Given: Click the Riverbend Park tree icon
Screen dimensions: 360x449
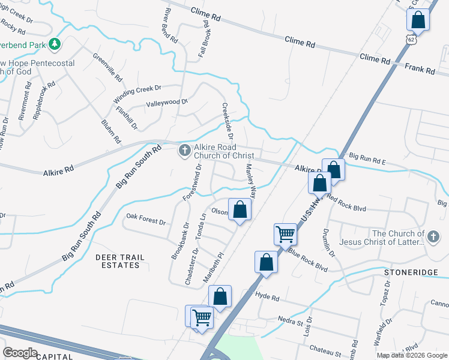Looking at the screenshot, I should click(55, 44).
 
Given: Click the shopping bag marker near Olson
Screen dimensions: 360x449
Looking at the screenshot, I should click(240, 209).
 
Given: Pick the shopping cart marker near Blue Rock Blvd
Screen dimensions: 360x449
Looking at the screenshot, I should click(285, 233).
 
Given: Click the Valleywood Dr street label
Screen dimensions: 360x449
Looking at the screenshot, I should click(167, 103).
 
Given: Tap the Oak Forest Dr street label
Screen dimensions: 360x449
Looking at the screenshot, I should click(146, 218).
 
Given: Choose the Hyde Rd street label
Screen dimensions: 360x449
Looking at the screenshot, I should click(267, 297).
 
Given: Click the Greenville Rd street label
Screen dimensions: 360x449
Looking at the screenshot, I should click(107, 68).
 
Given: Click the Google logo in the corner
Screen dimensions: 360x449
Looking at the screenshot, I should click(20, 353).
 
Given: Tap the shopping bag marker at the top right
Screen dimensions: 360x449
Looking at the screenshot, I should click(418, 20).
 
